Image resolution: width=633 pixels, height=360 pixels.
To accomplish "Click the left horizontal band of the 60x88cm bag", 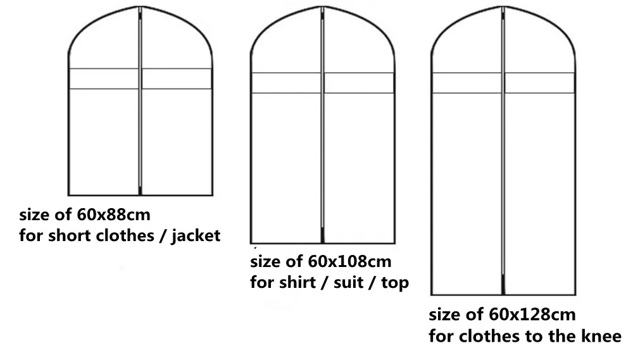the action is [103, 78].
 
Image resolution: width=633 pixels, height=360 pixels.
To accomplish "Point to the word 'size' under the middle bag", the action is [266, 261].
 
